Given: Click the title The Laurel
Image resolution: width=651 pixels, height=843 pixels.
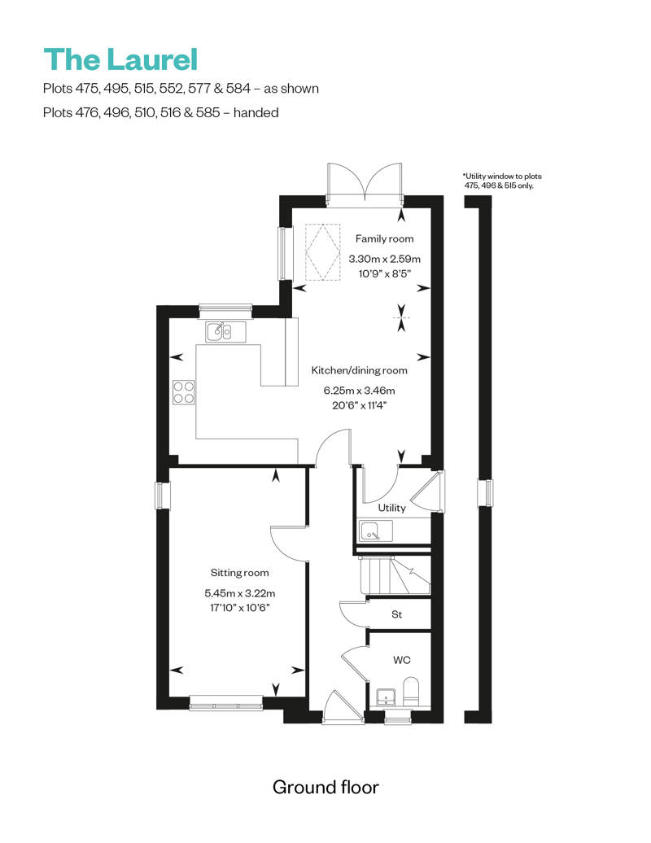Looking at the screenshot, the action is [121, 59].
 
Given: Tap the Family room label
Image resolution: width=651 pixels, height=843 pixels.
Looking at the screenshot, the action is [384, 238].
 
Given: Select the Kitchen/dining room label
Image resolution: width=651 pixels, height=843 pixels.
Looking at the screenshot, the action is [359, 370].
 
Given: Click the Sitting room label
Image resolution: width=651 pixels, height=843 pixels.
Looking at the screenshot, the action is [239, 573].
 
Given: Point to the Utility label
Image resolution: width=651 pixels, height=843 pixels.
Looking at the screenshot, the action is [391, 508].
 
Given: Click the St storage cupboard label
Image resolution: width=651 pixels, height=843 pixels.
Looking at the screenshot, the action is [397, 614].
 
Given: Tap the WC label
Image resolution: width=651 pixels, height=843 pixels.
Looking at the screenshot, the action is [401, 660].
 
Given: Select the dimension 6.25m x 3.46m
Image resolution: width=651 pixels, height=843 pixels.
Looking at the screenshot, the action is [359, 391].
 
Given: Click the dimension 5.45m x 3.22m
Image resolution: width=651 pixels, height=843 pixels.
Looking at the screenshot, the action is [240, 593].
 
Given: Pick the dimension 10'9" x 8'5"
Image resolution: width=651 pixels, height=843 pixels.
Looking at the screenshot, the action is [384, 273].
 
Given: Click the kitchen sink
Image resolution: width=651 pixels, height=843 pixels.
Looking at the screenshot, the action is [225, 332].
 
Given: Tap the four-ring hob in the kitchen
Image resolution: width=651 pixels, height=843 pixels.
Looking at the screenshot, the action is [183, 392].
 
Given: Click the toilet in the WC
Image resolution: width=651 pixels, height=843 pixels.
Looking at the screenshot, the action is [411, 692].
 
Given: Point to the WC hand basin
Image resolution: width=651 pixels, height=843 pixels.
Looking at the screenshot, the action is [386, 697].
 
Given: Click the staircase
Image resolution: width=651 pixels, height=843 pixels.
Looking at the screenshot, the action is [395, 575].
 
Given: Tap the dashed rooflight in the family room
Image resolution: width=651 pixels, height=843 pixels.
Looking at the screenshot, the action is [322, 251].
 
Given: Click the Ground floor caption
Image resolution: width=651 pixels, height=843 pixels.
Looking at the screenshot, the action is [325, 787].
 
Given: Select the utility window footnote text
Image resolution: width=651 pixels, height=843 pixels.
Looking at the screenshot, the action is [502, 181].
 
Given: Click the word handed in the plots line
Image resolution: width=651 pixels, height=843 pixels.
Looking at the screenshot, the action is [256, 112].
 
